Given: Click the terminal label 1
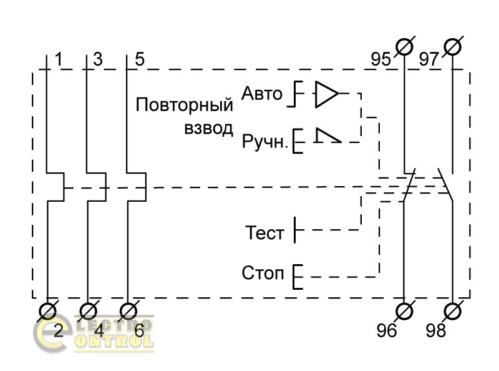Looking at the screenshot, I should [59, 60].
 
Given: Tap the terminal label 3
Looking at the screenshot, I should [97, 60].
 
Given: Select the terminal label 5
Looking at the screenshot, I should [139, 60].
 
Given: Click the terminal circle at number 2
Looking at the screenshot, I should [48, 310].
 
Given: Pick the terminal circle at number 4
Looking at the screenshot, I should [88, 310].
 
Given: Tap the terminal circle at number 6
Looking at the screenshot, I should [128, 310].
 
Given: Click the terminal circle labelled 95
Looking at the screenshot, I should [405, 46].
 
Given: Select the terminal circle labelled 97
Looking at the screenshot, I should [452, 46].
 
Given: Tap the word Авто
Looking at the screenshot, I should [262, 94].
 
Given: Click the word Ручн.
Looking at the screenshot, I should [265, 142].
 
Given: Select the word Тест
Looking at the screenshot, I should [265, 234].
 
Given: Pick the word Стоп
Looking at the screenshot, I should [263, 275].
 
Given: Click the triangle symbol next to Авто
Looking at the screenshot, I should [326, 94].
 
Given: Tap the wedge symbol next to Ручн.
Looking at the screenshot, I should [327, 137].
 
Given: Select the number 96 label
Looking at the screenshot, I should [387, 331].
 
